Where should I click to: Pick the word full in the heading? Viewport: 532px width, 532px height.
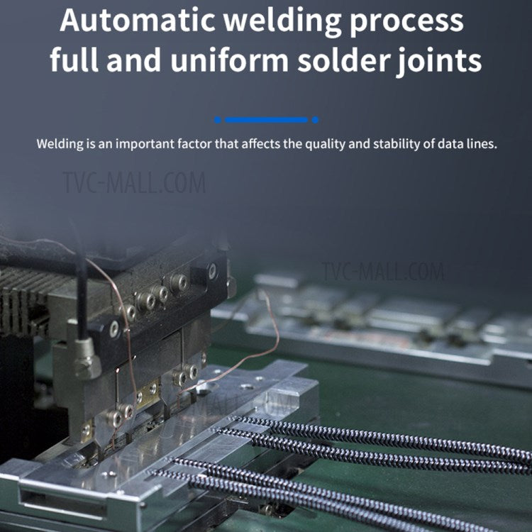click(74, 60)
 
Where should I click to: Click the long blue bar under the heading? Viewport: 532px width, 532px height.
click(266, 120)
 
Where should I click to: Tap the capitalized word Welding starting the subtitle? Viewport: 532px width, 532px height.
click(59, 144)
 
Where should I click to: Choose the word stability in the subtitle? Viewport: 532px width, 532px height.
click(392, 144)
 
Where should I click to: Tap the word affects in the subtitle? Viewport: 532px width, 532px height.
click(260, 144)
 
